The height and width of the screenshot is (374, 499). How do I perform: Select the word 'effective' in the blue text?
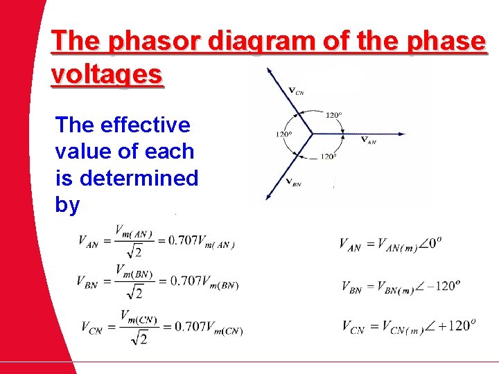point(145,125)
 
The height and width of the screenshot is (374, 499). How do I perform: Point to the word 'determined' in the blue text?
point(139,178)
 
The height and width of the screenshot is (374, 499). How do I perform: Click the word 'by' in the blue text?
point(67,205)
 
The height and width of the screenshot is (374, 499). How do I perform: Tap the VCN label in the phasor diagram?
point(296,90)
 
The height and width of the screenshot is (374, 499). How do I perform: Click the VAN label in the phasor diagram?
point(369,140)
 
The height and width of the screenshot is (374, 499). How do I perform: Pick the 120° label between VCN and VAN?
point(333,114)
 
